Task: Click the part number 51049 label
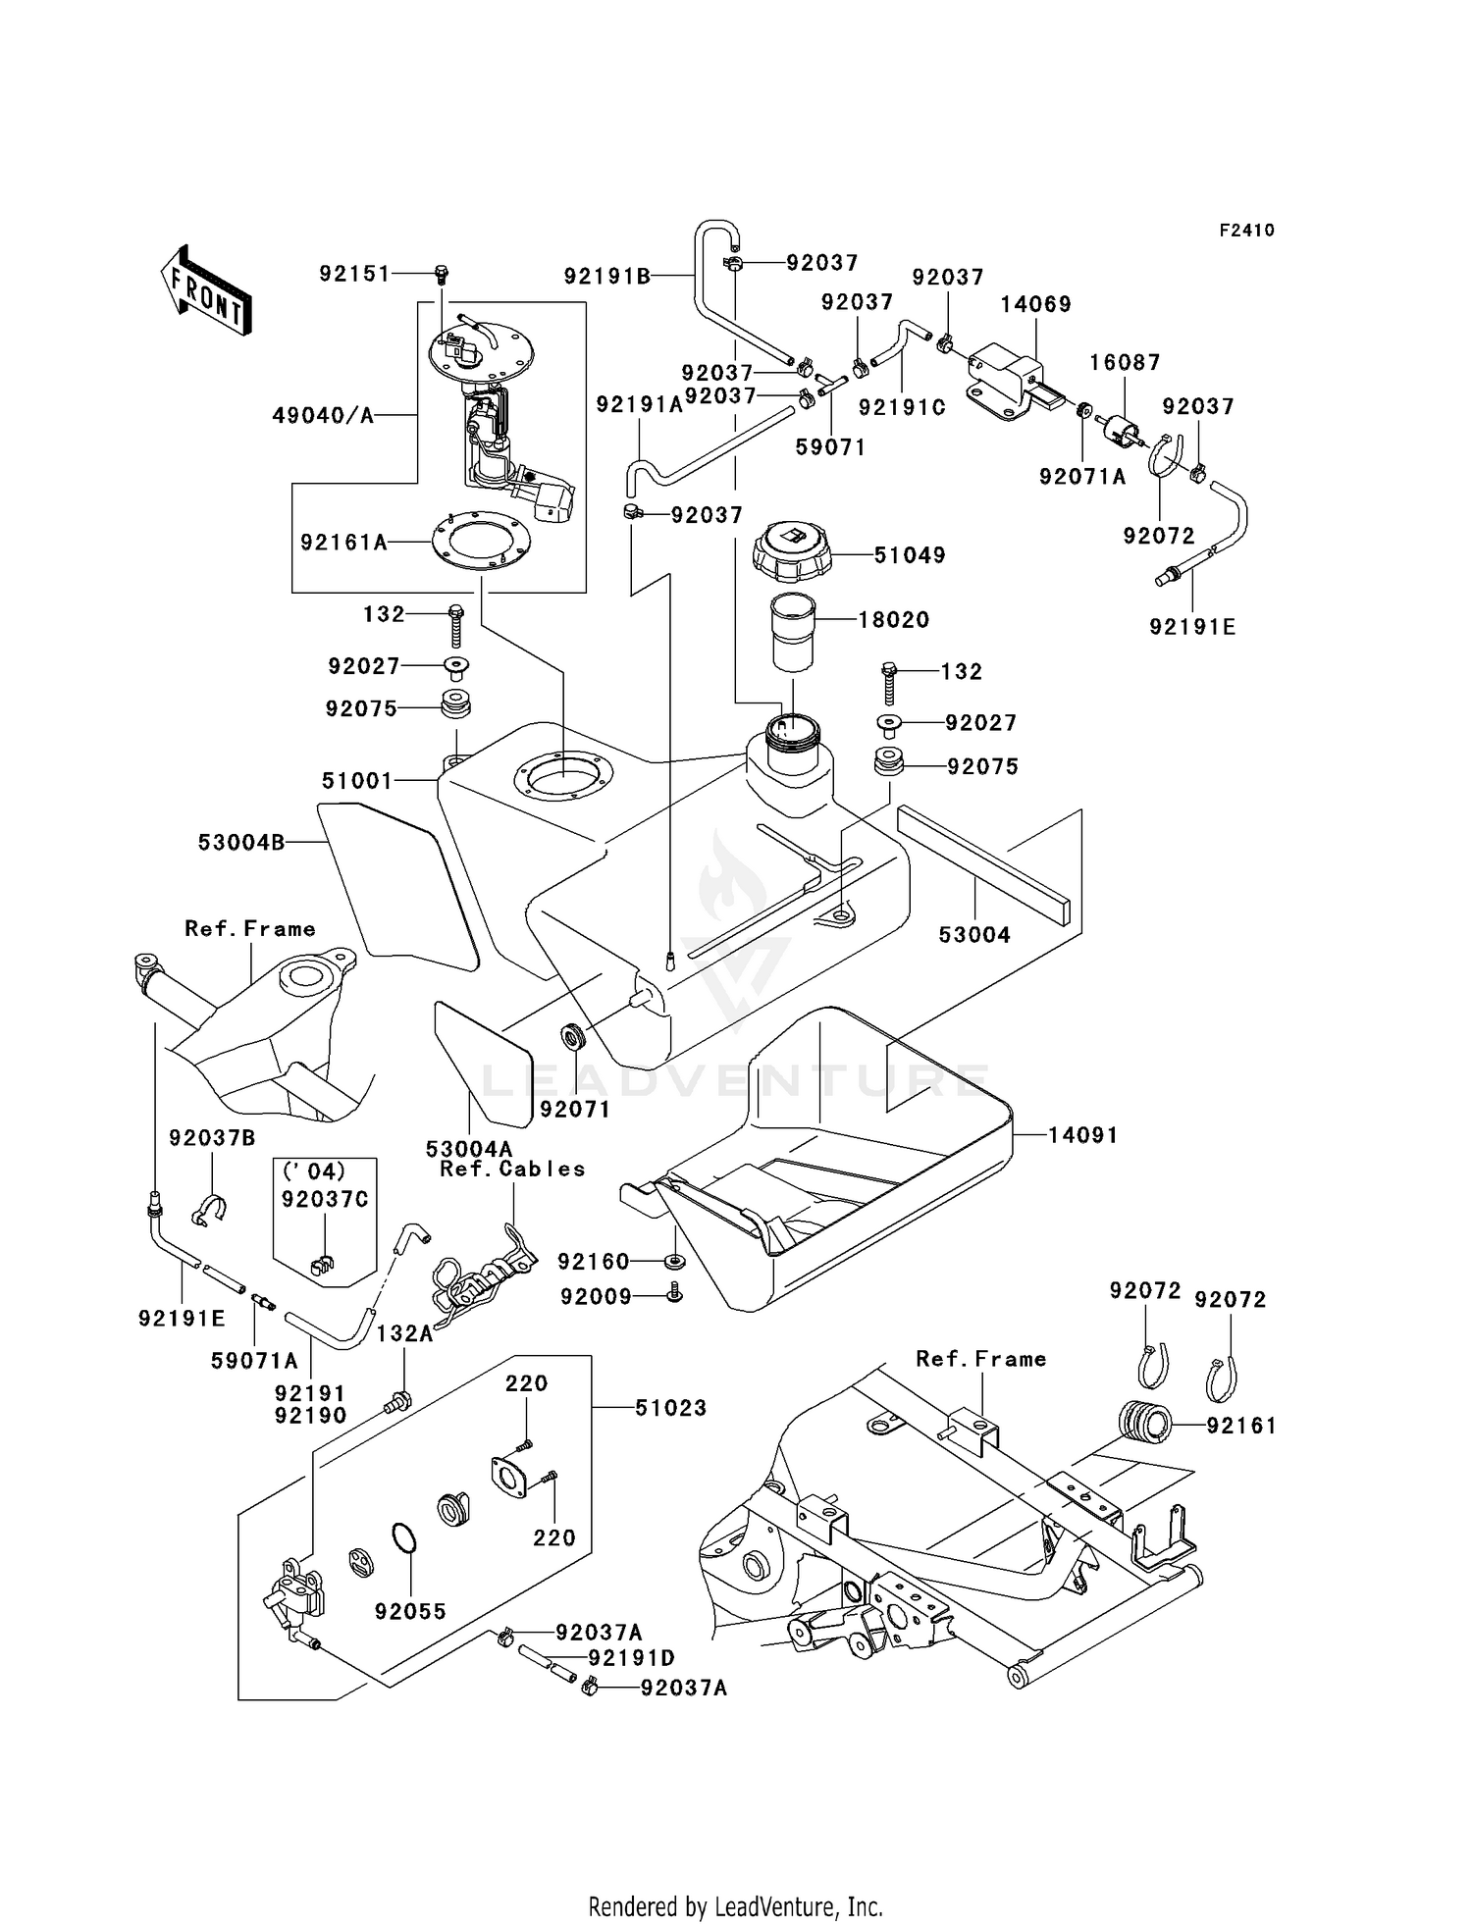click(910, 555)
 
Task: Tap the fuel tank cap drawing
click(793, 550)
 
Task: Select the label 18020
click(893, 620)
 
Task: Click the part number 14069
click(1035, 304)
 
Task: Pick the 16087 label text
click(1125, 362)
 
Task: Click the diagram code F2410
click(1246, 231)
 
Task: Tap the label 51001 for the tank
click(357, 781)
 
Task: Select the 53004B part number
click(241, 842)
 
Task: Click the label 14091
click(1082, 1135)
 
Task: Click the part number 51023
click(670, 1408)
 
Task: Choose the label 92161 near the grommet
click(1241, 1426)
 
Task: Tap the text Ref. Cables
click(512, 1169)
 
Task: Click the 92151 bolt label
click(354, 274)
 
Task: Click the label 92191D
click(631, 1658)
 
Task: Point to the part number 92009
click(596, 1297)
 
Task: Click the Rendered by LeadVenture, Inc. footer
click(735, 1906)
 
